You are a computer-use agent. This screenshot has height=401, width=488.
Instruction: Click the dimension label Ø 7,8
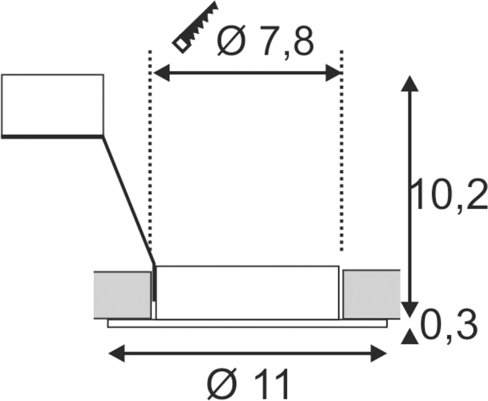265,42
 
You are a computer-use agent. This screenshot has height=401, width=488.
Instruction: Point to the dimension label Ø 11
248,384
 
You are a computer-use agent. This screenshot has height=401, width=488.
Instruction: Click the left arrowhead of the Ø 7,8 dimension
162,73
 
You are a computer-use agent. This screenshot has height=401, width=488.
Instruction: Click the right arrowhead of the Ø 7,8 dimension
333,73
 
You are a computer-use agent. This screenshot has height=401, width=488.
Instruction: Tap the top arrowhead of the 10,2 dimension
409,83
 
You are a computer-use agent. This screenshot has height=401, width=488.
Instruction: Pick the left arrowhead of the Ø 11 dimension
117,353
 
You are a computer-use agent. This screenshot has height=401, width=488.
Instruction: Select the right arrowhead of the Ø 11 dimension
379,353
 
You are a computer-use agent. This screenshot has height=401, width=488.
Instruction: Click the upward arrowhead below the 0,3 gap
409,338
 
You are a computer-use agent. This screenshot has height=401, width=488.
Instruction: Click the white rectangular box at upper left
52,106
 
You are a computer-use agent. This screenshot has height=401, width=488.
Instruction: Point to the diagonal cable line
128,200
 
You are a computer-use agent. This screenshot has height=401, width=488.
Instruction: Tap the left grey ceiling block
122,295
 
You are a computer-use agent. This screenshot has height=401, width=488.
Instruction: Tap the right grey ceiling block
371,294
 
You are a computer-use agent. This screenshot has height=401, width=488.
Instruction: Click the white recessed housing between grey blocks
248,293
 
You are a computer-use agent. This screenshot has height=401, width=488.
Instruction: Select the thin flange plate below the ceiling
248,323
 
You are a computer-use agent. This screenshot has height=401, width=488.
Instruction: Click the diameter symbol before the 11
222,384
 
